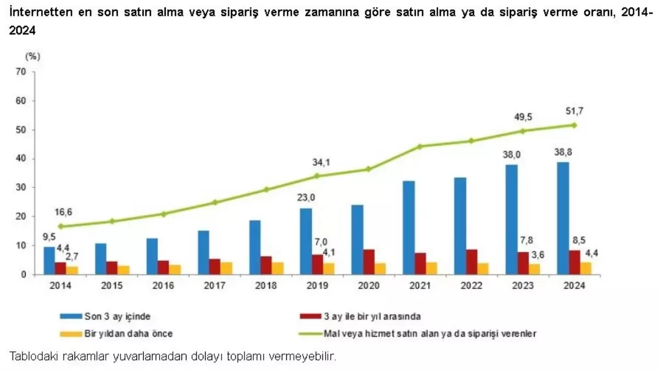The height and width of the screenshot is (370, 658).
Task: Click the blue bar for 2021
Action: [x=409, y=227]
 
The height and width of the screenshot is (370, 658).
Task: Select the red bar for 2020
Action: [x=369, y=262]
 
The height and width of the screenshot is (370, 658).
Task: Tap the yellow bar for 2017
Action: [x=226, y=268]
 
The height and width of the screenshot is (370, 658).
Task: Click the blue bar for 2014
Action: [x=49, y=260]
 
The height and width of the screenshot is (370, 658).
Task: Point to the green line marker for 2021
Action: [x=420, y=146]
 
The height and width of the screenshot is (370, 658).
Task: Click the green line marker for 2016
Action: [x=163, y=214]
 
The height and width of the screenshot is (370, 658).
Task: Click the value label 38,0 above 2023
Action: [x=512, y=155]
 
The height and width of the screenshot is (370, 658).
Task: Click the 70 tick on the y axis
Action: [x=21, y=72]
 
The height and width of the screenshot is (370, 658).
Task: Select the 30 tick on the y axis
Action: [x=21, y=187]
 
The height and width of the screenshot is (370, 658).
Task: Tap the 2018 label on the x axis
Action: [x=266, y=286]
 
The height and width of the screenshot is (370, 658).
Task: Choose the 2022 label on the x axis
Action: [x=472, y=286]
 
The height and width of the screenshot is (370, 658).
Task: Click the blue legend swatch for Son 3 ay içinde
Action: [x=70, y=316]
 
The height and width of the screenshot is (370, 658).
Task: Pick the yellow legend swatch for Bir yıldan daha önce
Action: [x=70, y=332]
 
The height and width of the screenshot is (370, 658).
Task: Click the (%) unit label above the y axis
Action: [x=33, y=55]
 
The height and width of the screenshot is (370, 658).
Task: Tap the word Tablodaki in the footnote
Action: [x=31, y=356]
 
